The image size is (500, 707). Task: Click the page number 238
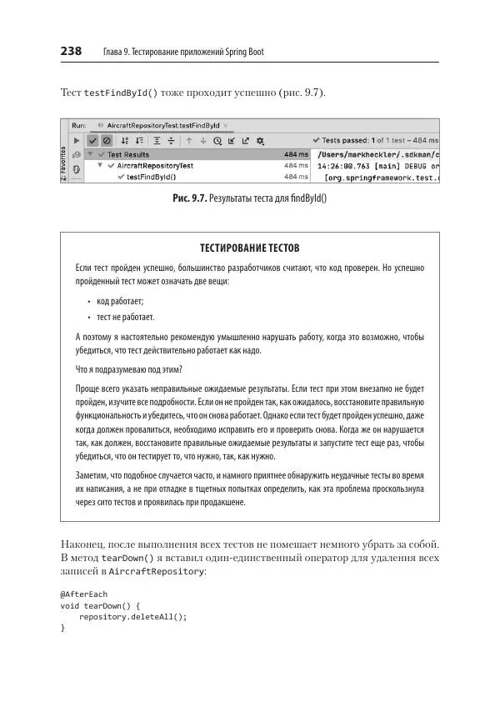pyautogui.click(x=71, y=52)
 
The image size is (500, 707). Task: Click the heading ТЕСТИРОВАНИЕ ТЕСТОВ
pyautogui.click(x=249, y=248)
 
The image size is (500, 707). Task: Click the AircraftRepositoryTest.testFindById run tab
pyautogui.click(x=162, y=125)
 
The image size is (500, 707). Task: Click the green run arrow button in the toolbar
pyautogui.click(x=77, y=140)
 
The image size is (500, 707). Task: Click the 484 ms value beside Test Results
pyautogui.click(x=296, y=154)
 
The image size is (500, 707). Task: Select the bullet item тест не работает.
pyautogui.click(x=125, y=317)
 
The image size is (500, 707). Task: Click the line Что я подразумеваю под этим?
pyautogui.click(x=128, y=369)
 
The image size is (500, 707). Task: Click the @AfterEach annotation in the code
pyautogui.click(x=83, y=594)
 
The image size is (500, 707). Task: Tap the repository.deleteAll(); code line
pyautogui.click(x=132, y=617)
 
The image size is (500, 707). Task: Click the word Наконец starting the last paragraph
pyautogui.click(x=84, y=544)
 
